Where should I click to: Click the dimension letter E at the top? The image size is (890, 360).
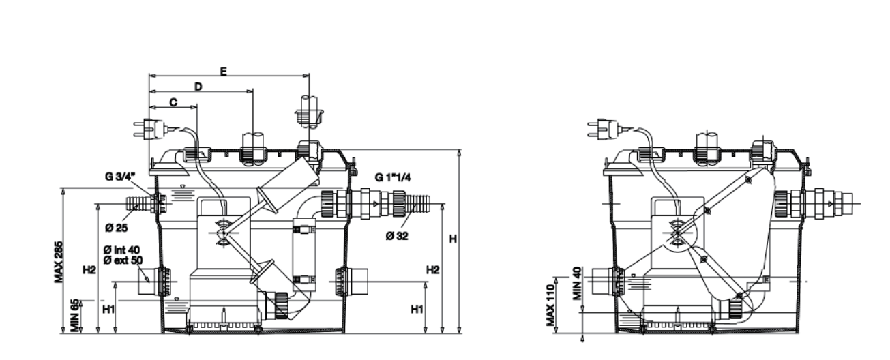coord(224,70)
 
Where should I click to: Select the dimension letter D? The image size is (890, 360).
coord(198,87)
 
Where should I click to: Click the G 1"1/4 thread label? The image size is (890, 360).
coord(391,177)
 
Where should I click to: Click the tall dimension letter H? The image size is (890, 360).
coord(451,239)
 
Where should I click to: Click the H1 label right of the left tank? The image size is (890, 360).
coord(418,309)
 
